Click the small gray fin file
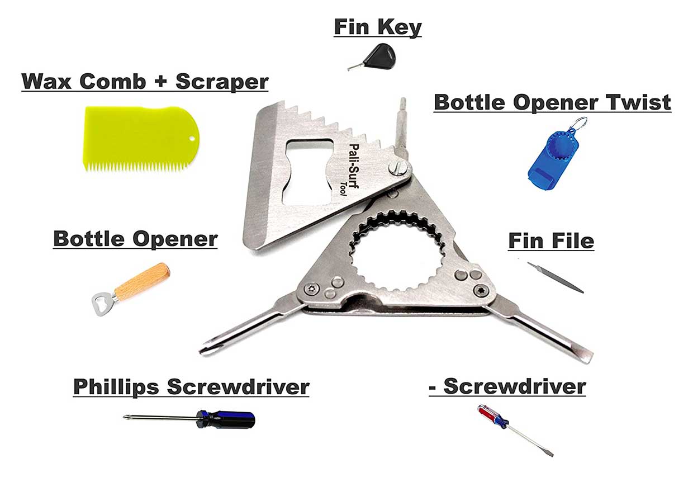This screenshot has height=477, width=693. coord(556,277)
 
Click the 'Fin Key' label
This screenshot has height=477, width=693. coord(378,27)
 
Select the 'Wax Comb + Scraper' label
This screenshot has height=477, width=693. coord(145,81)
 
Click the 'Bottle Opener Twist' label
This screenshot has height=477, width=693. coord(552,102)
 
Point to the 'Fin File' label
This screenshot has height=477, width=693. coord(550,241)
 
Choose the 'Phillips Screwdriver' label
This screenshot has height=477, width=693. coord(191,386)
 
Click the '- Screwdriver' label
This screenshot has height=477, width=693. coord(507,386)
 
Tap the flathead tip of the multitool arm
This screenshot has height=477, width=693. coord(587,357)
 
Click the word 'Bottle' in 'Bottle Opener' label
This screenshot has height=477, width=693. coord(87,239)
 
